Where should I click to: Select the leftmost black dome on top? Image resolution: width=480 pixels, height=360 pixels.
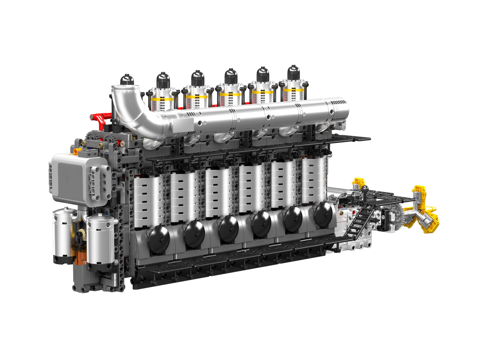tap(127, 80)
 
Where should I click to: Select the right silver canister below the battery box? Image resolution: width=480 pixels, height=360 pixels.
tap(100, 241)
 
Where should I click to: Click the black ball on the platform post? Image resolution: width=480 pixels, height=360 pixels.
tap(365, 188)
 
